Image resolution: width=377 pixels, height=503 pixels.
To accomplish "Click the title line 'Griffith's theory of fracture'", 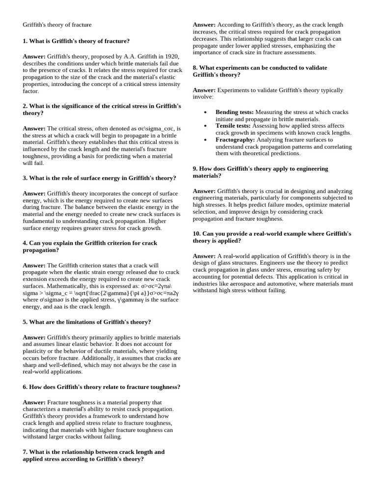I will click(57, 25).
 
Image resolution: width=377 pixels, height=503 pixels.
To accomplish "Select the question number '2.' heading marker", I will click(25, 106).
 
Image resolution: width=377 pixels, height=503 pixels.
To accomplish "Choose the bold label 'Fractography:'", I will click(235, 140).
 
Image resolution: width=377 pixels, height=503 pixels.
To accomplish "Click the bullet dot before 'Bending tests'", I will click(205, 113).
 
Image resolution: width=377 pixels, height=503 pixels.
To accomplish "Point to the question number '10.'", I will click(197, 233).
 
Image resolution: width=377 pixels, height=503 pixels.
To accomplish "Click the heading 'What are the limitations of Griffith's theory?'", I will click(90, 322).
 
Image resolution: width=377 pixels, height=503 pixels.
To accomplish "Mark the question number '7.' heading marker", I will click(25, 451).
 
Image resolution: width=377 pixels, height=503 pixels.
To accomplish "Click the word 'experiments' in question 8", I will click(233, 67).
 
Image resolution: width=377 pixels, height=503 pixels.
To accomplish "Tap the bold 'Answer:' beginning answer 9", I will click(204, 191).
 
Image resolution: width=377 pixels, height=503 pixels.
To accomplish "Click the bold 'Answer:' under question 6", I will click(34, 402).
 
